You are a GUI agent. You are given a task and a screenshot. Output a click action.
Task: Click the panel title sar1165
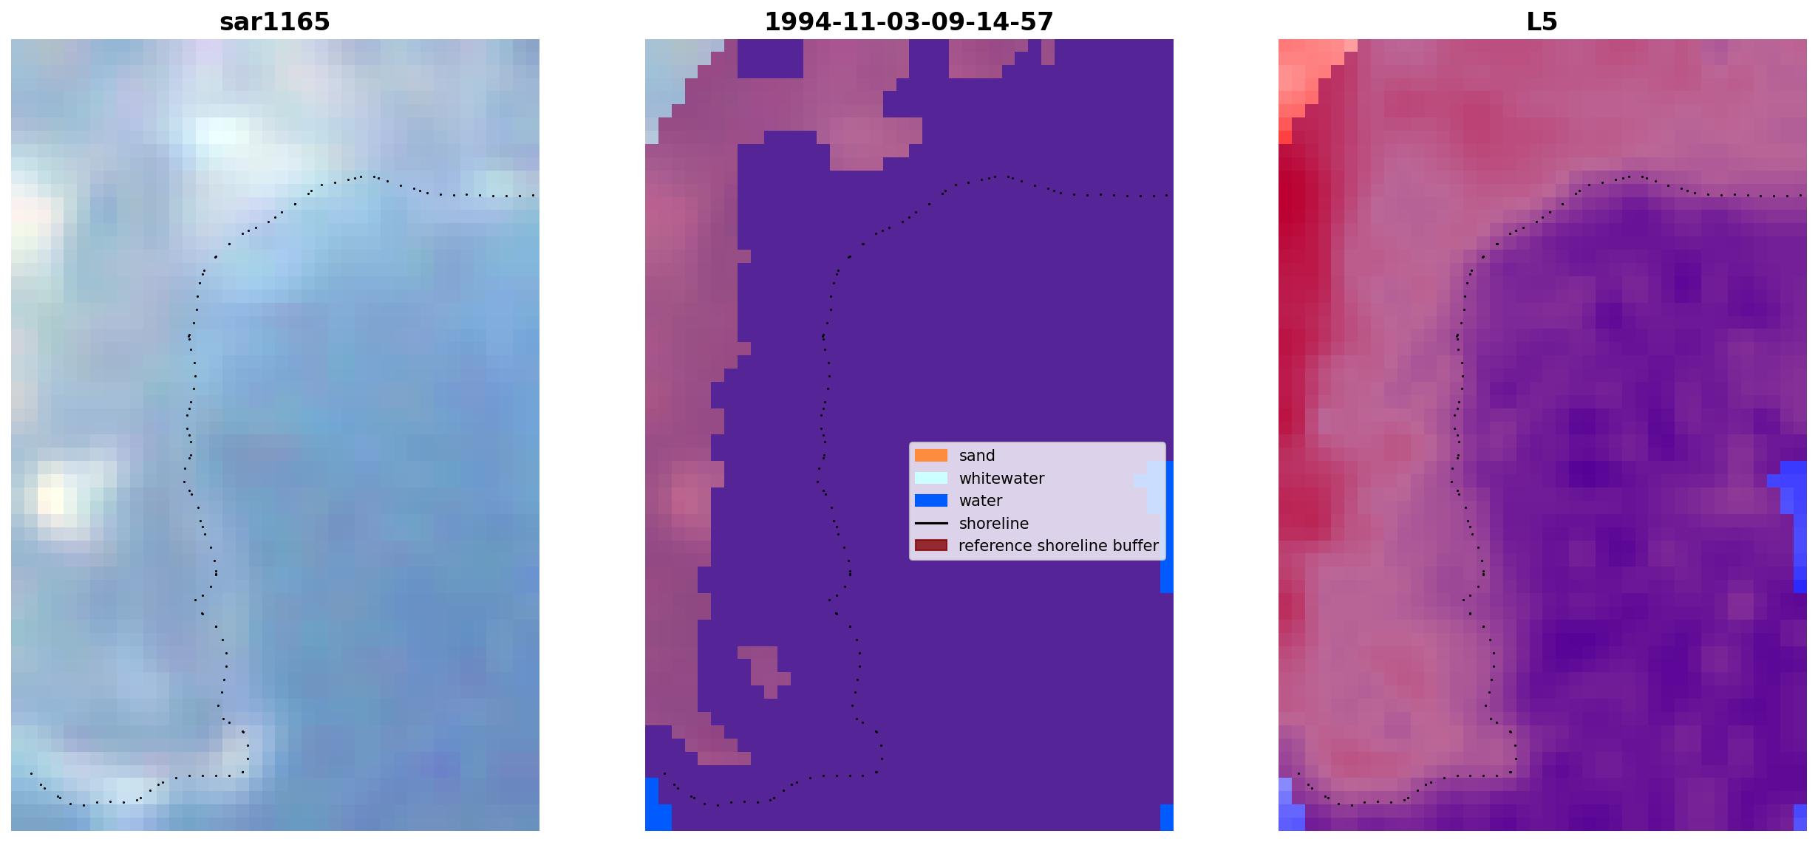(x=274, y=22)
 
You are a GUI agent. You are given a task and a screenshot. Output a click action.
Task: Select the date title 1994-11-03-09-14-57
(x=908, y=22)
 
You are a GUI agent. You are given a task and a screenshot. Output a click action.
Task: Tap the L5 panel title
(x=1542, y=22)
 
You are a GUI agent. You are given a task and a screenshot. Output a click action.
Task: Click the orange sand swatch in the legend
(x=930, y=456)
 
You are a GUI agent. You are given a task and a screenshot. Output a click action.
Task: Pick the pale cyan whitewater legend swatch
(x=930, y=479)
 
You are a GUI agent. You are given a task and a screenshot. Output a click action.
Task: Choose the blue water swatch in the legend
(x=930, y=501)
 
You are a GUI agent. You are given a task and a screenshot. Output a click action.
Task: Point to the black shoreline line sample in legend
(x=930, y=524)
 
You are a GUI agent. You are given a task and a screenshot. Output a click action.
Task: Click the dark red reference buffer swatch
(x=930, y=546)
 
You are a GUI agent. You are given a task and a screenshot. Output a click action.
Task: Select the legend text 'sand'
(x=977, y=456)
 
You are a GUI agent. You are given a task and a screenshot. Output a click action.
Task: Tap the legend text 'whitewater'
(x=1001, y=479)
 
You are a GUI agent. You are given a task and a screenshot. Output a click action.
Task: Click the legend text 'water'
(x=981, y=501)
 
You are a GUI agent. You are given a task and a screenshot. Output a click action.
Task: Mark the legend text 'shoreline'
(x=993, y=524)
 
